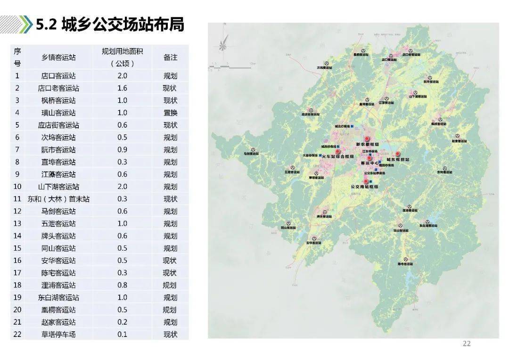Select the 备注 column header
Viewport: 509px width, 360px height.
pos(170,57)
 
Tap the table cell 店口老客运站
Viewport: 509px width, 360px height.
pos(58,88)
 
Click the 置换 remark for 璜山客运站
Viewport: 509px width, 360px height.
pos(170,113)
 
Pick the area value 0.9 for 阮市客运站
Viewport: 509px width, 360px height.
pos(122,150)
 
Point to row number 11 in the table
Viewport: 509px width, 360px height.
pos(17,199)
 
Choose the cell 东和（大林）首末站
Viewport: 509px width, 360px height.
pos(58,199)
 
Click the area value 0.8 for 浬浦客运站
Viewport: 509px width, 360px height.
pos(122,285)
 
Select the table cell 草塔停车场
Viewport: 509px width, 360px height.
pos(58,335)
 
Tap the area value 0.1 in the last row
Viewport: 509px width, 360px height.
pos(122,335)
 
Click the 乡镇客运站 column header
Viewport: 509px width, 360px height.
pos(58,57)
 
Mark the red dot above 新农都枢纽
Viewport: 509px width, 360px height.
pos(367,139)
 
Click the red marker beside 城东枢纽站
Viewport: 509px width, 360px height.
pos(397,154)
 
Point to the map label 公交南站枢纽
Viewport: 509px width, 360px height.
pos(365,187)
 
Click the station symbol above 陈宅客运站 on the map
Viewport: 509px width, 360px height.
pos(405,259)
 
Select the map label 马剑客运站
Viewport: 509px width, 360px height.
pos(251,154)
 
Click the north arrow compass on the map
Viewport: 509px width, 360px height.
pos(223,45)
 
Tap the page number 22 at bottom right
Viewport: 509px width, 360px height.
pos(467,344)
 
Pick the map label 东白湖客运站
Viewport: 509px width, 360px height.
pos(430,225)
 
